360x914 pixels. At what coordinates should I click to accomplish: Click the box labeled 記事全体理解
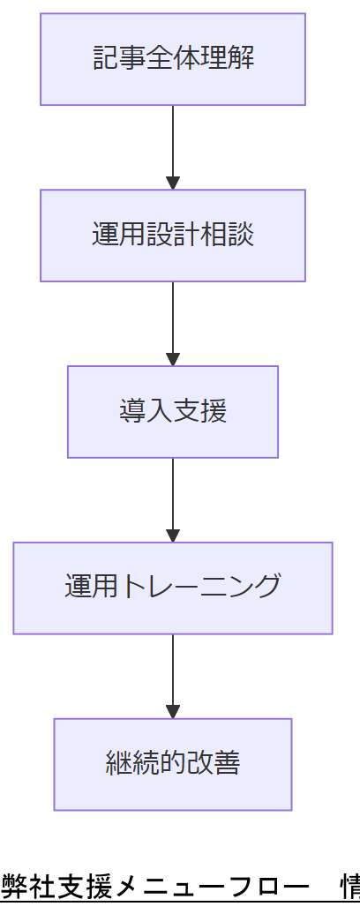pyautogui.click(x=173, y=59)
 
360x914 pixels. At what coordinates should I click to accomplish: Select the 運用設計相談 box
pyautogui.click(x=173, y=236)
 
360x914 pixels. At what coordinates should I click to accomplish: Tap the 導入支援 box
pyautogui.click(x=173, y=412)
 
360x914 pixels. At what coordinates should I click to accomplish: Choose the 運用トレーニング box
pyautogui.click(x=173, y=588)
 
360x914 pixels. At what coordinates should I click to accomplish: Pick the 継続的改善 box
pyautogui.click(x=173, y=764)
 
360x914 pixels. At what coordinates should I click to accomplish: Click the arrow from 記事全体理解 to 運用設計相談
pyautogui.click(x=173, y=146)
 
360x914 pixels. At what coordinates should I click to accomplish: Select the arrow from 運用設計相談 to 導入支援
pyautogui.click(x=173, y=322)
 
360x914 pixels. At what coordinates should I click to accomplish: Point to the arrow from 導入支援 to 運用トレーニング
pyautogui.click(x=173, y=498)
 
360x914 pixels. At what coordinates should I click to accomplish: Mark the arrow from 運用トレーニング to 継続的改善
pyautogui.click(x=173, y=675)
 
